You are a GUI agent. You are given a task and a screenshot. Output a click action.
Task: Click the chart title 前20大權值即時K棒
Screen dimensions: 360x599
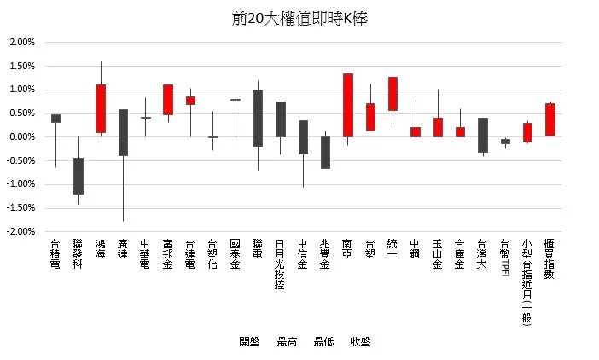point(299,18)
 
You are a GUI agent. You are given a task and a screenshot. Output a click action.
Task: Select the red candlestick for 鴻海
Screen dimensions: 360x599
point(101,108)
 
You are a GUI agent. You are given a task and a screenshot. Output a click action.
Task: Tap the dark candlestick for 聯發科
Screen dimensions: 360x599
point(79,176)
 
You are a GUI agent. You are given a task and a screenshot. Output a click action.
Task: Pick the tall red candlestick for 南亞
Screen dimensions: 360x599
point(348,105)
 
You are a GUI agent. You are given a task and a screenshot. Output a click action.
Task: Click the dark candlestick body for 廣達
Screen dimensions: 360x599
point(123,132)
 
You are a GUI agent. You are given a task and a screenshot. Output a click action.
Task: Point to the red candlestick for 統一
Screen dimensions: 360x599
point(393,94)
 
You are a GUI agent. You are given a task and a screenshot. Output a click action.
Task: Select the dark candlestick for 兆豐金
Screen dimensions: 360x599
point(325,153)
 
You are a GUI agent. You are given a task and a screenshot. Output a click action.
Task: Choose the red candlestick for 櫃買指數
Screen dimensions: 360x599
point(550,119)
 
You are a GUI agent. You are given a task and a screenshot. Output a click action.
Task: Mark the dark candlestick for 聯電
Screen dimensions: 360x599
point(258,118)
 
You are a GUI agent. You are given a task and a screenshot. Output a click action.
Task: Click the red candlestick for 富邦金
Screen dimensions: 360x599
point(168,99)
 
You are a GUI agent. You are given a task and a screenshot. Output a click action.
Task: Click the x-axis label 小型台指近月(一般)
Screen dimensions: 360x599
point(527,282)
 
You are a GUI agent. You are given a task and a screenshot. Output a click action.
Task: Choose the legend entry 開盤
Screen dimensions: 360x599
point(249,341)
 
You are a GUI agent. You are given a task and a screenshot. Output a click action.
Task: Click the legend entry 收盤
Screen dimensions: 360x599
point(360,341)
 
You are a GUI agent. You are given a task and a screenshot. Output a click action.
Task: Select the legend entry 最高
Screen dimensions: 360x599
point(287,341)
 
